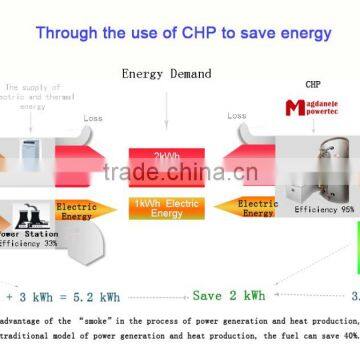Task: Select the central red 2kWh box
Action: coord(166,158)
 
